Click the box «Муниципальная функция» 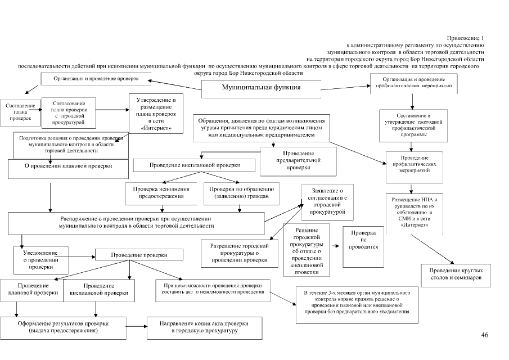pos(261,88)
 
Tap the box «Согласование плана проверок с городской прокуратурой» pos(68,112)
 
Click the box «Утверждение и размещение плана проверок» pos(156,115)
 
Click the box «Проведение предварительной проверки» pos(298,160)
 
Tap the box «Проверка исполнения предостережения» pos(161,193)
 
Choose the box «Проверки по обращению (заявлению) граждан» pos(240,193)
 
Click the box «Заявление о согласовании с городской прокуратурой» pos(327,202)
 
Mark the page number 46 pos(485,335)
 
